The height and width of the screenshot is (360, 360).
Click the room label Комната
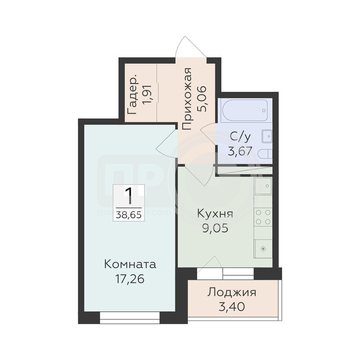130,264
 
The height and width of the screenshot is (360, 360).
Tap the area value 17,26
130,279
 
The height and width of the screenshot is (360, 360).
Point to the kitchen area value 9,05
215,228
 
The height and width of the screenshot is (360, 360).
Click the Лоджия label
232,293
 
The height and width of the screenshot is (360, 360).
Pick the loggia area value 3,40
232,307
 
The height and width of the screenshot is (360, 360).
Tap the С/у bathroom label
240,137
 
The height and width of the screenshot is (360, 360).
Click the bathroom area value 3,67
240,151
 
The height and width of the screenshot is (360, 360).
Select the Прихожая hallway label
186,99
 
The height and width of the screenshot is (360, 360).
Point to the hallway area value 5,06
202,99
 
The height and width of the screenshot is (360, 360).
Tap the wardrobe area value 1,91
147,94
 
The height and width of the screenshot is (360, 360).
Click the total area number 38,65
129,215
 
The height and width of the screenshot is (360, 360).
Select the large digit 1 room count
129,196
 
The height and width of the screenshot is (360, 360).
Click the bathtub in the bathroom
244,111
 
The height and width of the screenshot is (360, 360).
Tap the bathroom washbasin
267,136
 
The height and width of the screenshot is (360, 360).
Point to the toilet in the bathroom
265,154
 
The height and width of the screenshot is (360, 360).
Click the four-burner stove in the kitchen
263,217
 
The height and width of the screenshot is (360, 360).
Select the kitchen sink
263,186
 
